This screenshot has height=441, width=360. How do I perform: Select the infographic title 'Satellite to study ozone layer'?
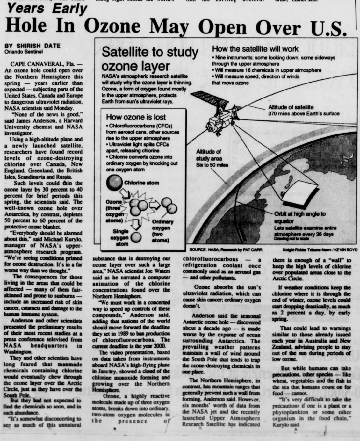point(150,59)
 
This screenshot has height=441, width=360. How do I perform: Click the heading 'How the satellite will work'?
point(255,49)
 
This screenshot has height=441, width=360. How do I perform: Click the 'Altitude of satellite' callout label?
point(291,107)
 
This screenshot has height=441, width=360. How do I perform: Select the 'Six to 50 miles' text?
point(212,165)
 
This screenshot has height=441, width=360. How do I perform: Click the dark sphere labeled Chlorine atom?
point(113,183)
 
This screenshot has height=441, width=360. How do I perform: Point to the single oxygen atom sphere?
point(136,238)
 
